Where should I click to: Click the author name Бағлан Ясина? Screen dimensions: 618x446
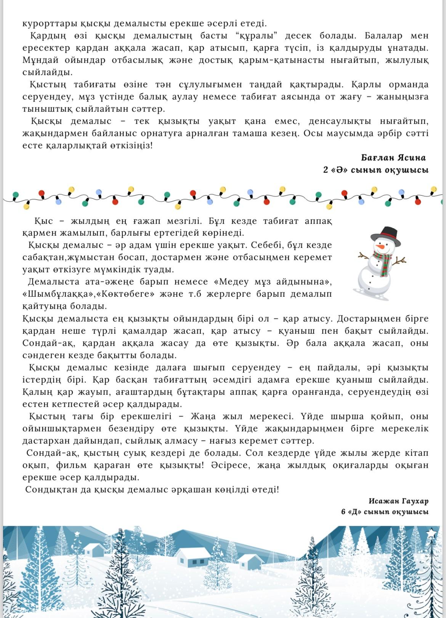[393, 158]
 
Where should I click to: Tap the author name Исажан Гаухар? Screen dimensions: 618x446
[398, 501]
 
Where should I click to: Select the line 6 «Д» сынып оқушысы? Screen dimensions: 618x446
[385, 512]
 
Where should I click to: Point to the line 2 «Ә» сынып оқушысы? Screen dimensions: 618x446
[375, 170]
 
